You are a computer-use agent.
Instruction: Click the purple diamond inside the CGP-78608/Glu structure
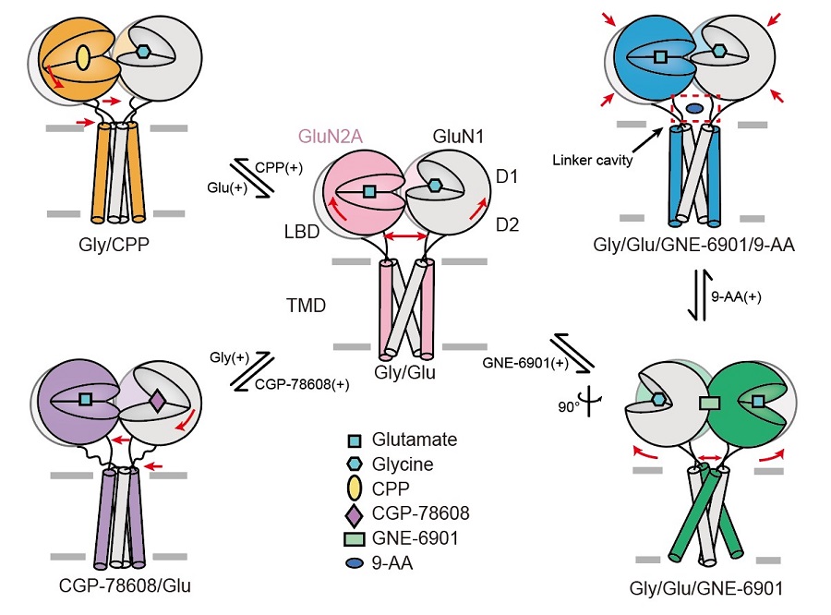[x=156, y=401]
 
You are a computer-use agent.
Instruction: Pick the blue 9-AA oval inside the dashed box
[x=694, y=109]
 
